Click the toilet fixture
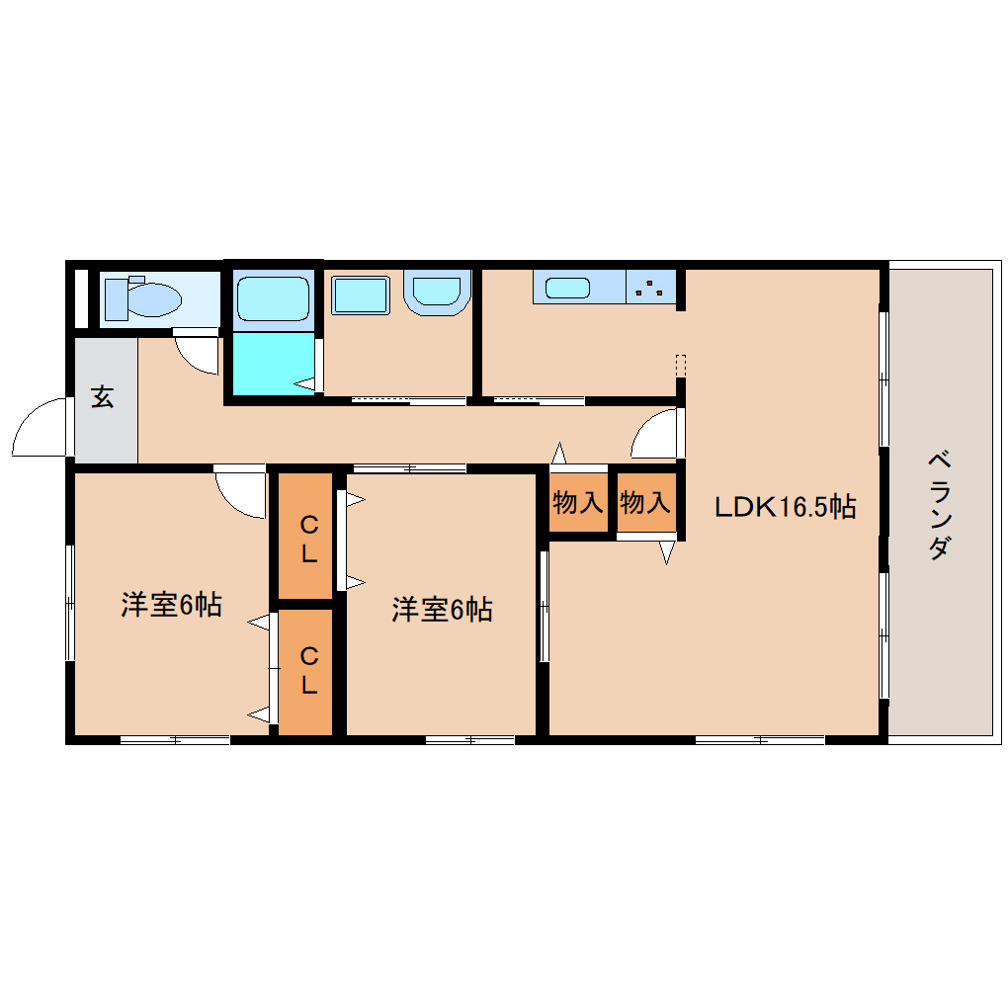(x=142, y=298)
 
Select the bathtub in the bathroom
(x=273, y=298)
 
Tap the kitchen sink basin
(x=567, y=288)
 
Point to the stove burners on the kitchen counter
(x=651, y=287)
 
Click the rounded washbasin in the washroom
(x=437, y=292)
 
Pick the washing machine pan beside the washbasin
(x=361, y=295)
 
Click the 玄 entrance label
(x=103, y=396)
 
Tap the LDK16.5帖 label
(x=785, y=507)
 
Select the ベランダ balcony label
(x=939, y=505)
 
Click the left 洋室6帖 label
(x=172, y=604)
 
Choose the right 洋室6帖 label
(x=443, y=609)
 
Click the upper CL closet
(x=305, y=537)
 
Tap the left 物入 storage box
(x=578, y=502)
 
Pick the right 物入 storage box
(x=646, y=502)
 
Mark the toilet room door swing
(x=190, y=362)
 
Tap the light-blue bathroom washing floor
(x=273, y=364)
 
